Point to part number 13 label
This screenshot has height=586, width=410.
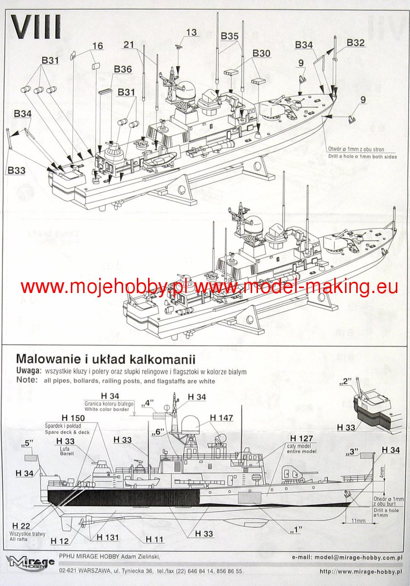[x=191, y=32]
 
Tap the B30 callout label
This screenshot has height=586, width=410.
[x=261, y=53]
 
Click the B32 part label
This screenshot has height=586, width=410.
[x=356, y=42]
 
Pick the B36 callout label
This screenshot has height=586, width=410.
[x=123, y=69]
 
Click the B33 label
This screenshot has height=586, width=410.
[x=16, y=170]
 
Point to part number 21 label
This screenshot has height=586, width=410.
[x=129, y=44]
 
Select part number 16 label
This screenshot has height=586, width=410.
[x=97, y=46]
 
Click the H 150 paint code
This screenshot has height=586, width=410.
[x=74, y=418]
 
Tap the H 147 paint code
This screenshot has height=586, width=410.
[x=221, y=418]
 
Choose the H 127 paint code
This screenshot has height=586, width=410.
[x=302, y=438]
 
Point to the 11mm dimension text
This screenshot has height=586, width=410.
[x=359, y=521]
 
